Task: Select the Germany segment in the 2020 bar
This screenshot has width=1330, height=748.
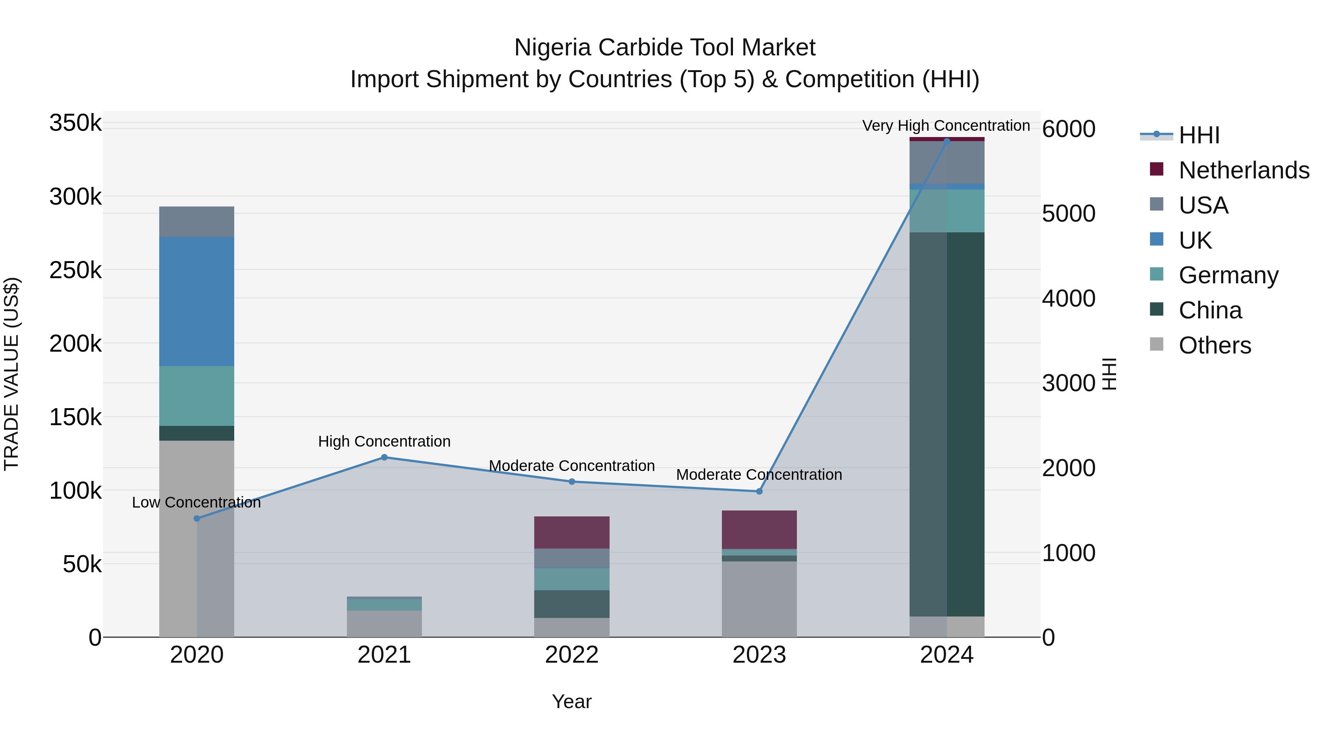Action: (196, 396)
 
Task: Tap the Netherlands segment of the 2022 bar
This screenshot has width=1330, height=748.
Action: (572, 532)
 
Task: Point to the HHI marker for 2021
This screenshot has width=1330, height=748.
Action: (384, 457)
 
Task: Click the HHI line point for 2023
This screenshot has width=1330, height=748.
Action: (759, 491)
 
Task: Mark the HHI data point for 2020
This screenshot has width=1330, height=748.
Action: (197, 518)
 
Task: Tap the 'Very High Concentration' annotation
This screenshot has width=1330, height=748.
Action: (946, 126)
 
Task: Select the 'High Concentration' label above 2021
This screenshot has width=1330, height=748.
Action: (384, 441)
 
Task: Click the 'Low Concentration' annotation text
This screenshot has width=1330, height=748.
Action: (196, 502)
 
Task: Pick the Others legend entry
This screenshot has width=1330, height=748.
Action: (1214, 345)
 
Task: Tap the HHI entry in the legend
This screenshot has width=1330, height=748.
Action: (1199, 135)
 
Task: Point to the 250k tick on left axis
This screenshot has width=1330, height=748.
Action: (75, 270)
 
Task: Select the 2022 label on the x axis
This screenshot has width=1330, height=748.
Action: (572, 655)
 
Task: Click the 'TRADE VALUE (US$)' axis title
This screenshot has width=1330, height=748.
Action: (11, 374)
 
